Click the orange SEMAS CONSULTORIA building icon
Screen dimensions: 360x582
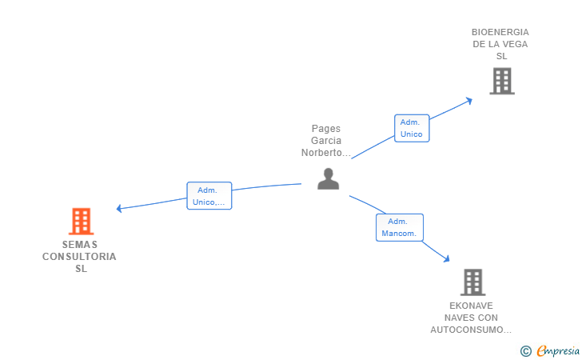point(81,221)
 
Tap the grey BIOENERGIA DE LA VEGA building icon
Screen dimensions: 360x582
point(501,81)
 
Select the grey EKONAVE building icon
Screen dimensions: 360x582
point(472,282)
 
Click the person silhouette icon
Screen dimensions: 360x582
point(328,178)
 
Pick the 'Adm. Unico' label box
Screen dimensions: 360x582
point(411,128)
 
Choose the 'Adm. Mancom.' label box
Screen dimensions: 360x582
point(399,227)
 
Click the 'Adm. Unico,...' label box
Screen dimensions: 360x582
point(209,196)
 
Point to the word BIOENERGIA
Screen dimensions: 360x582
point(500,32)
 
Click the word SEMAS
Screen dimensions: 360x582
point(79,245)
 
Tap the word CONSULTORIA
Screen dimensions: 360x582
point(79,257)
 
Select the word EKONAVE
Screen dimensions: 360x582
point(471,306)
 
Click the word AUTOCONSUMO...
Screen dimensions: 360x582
point(469,330)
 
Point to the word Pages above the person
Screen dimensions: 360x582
point(325,128)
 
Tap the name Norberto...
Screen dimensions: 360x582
point(325,152)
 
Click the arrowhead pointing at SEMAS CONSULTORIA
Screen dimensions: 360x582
point(119,209)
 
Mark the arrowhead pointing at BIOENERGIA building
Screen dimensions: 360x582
point(469,100)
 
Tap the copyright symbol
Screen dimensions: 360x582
point(525,350)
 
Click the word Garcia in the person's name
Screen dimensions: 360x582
point(326,140)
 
